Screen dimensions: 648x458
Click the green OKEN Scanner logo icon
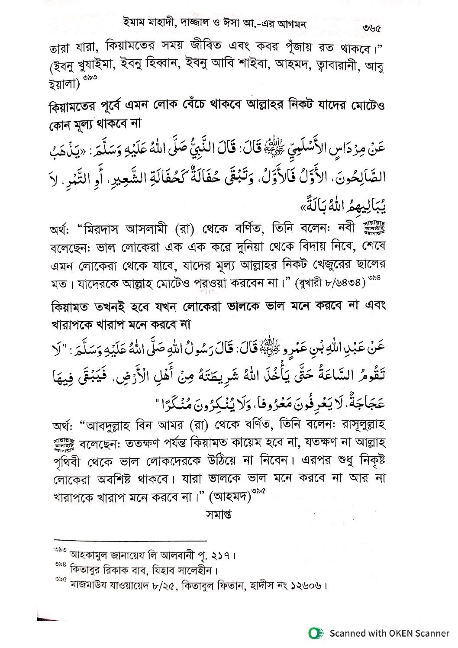click(316, 633)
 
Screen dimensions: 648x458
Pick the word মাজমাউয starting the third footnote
click(91, 587)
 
